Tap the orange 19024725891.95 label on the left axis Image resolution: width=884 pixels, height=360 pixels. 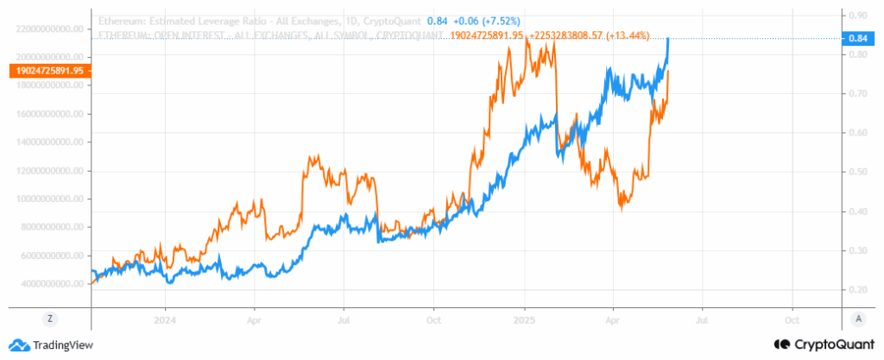tap(45, 72)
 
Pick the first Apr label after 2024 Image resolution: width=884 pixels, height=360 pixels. tap(255, 319)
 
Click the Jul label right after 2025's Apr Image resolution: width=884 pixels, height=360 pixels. tap(702, 319)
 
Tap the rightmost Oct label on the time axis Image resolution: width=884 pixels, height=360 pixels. tap(792, 319)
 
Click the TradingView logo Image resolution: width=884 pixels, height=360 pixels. tap(52, 344)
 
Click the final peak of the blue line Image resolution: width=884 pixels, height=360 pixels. tap(668, 39)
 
